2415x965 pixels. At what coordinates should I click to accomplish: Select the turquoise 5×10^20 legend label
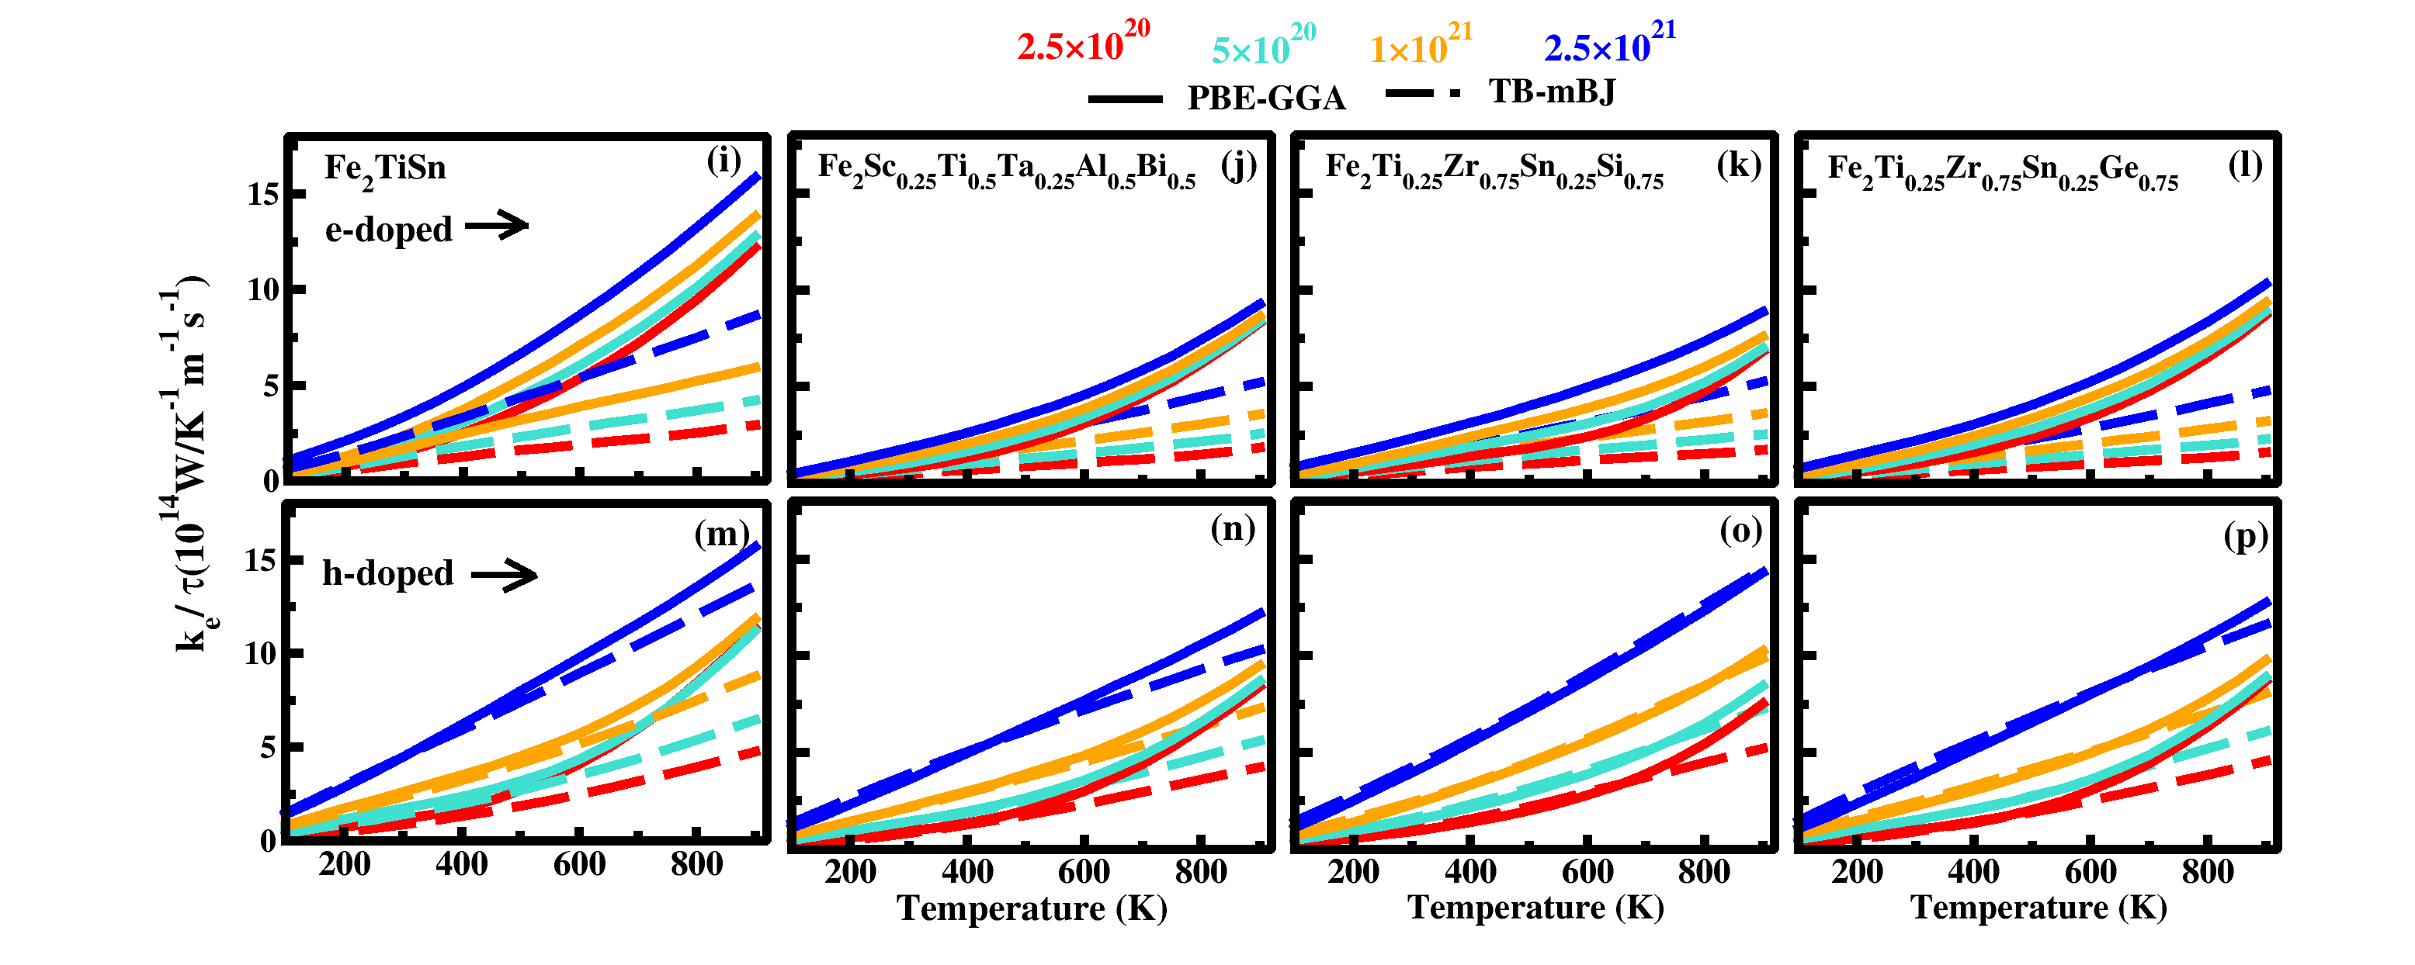[x=1263, y=47]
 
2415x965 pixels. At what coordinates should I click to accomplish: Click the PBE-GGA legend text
[x=1265, y=99]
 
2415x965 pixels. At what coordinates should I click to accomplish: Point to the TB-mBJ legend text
[x=1553, y=92]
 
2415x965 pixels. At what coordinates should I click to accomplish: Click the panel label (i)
[x=723, y=161]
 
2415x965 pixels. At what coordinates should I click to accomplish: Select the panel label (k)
[x=1738, y=165]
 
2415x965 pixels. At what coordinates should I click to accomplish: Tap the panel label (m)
[x=721, y=534]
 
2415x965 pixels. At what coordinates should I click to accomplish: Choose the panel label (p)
[x=2245, y=537]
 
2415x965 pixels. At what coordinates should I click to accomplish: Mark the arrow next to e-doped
[x=497, y=225]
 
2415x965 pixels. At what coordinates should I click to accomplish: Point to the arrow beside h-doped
[x=505, y=574]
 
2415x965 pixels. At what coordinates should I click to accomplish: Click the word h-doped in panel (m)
[x=387, y=573]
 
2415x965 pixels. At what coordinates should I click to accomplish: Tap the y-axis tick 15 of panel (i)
[x=262, y=195]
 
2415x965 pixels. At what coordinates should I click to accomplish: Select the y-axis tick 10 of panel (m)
[x=261, y=653]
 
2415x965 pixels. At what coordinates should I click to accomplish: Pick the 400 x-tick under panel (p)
[x=1973, y=872]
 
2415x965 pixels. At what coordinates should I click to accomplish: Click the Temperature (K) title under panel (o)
[x=1535, y=908]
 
